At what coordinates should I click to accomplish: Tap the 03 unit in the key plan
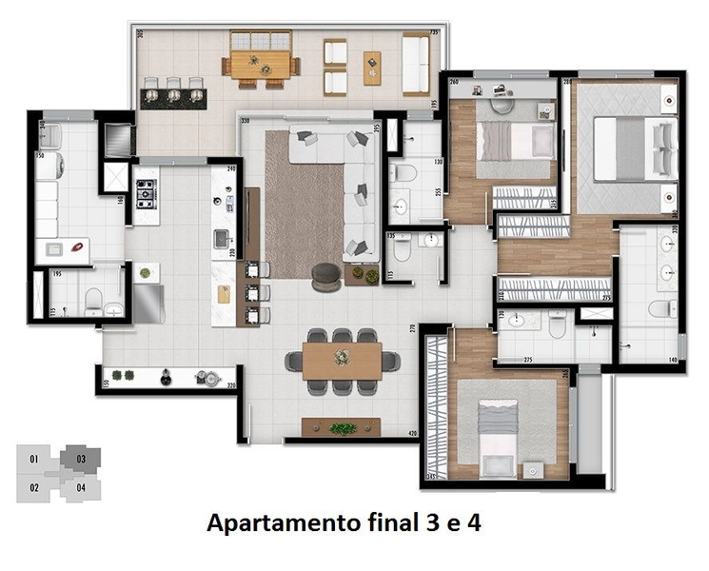pyautogui.click(x=82, y=460)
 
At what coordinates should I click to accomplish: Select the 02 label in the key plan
pyautogui.click(x=34, y=488)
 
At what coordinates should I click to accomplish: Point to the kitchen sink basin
pyautogui.click(x=222, y=238)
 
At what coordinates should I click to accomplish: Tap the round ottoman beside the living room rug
pyautogui.click(x=326, y=272)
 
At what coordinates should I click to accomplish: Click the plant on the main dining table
pyautogui.click(x=343, y=357)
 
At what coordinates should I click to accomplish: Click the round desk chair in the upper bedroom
pyautogui.click(x=502, y=93)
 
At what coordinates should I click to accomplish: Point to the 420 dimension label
pyautogui.click(x=412, y=434)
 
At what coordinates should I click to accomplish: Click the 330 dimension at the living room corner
pyautogui.click(x=245, y=121)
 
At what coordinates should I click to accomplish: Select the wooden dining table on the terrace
pyautogui.click(x=260, y=65)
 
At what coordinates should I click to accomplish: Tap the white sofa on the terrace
pyautogui.click(x=415, y=64)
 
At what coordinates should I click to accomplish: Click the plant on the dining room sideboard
pyautogui.click(x=343, y=428)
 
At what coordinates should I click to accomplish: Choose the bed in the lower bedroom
pyautogui.click(x=497, y=436)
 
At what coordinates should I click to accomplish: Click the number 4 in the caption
pyautogui.click(x=484, y=522)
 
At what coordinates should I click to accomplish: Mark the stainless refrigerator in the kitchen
pyautogui.click(x=148, y=305)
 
